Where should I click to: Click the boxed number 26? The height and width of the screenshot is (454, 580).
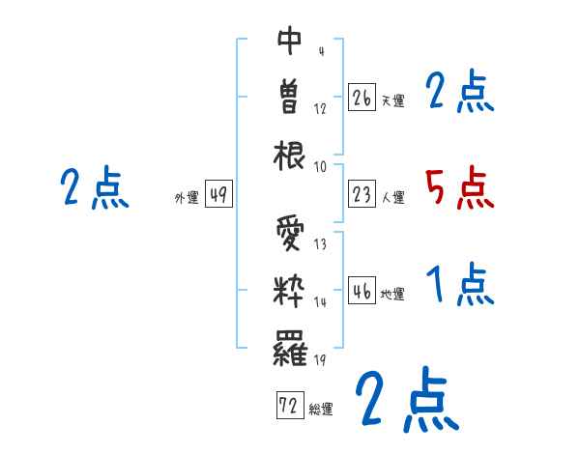(362, 98)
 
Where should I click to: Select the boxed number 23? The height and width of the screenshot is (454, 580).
(362, 195)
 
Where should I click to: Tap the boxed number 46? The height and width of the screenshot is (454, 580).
(362, 292)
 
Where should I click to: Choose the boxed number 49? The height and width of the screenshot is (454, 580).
(217, 195)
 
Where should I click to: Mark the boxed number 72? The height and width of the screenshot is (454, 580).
(289, 407)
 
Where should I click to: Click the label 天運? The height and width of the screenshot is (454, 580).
(392, 100)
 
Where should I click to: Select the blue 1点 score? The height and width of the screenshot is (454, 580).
(460, 286)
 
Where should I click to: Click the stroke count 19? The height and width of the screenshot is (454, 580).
(320, 360)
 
